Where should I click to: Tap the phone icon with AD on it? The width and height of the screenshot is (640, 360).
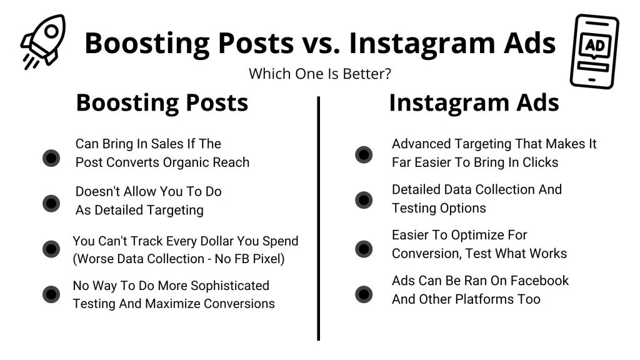click(593, 51)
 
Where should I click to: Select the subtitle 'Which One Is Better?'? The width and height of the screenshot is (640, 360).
click(320, 74)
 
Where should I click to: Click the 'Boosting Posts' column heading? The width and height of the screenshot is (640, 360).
click(162, 103)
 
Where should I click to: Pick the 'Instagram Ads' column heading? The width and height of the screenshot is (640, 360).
click(474, 103)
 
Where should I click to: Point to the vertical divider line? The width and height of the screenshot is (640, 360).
click(319, 219)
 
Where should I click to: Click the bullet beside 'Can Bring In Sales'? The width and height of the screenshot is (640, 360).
click(51, 157)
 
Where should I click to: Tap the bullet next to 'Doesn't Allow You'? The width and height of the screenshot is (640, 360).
click(51, 202)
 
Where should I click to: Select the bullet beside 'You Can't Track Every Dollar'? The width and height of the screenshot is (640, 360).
click(51, 249)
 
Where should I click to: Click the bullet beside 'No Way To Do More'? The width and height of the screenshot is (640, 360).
click(51, 294)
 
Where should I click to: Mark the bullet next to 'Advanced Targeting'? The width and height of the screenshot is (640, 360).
click(364, 154)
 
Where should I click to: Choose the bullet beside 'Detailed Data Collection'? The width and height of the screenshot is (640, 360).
click(364, 199)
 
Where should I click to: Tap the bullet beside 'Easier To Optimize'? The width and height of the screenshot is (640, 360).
click(364, 249)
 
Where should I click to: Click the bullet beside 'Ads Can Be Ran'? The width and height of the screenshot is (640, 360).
click(364, 294)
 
